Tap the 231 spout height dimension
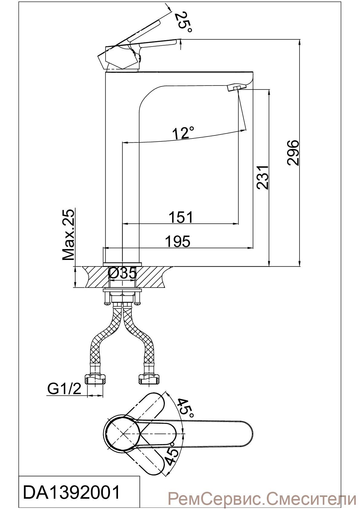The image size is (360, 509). click(262, 177)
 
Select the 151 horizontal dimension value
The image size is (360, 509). click(181, 217)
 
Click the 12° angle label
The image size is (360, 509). click(183, 133)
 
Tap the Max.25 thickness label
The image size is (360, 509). click(68, 235)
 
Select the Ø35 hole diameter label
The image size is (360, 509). click(122, 274)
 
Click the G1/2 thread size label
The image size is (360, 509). click(64, 389)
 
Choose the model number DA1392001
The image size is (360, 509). click(72, 492)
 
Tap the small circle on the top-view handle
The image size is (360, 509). click(172, 444)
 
